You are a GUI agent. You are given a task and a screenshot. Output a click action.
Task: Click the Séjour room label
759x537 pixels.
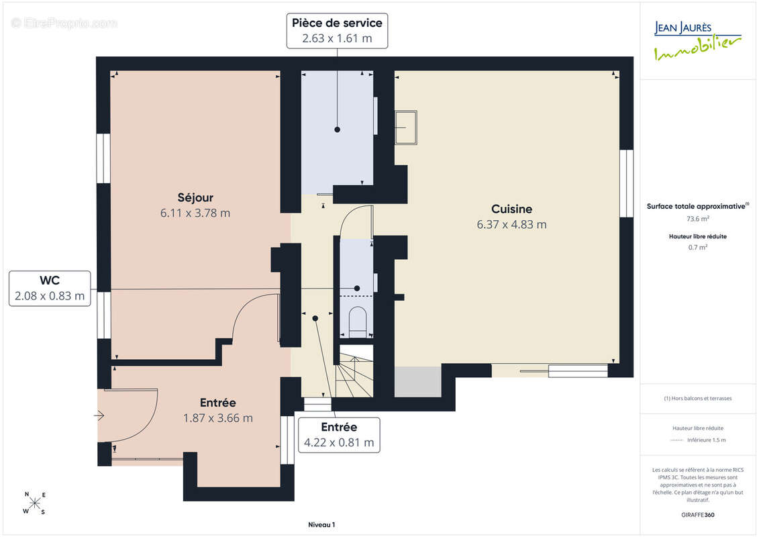click(x=195, y=197)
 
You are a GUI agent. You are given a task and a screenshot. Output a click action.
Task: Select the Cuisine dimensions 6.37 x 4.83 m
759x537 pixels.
click(x=511, y=225)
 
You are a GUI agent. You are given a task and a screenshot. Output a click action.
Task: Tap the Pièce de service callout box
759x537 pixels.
click(x=337, y=30)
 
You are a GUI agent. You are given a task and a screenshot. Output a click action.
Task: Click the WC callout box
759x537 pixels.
click(x=50, y=289)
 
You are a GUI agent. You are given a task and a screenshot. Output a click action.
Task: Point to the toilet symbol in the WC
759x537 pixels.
click(x=358, y=321)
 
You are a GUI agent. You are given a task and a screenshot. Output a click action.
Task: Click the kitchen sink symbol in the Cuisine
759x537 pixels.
click(x=405, y=128)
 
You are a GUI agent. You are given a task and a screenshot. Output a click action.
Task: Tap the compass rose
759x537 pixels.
click(x=34, y=503)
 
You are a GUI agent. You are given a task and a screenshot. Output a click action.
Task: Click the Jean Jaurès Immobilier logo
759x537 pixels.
click(x=697, y=40)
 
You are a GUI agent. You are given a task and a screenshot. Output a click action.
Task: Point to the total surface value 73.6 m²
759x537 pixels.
click(x=697, y=219)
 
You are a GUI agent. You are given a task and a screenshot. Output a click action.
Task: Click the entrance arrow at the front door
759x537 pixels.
click(x=99, y=416)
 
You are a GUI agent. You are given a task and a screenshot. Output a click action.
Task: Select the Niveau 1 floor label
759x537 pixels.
click(x=321, y=525)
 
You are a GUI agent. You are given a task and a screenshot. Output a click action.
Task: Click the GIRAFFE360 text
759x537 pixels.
click(x=697, y=515)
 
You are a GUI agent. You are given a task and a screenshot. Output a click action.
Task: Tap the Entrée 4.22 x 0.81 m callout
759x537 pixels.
click(x=339, y=435)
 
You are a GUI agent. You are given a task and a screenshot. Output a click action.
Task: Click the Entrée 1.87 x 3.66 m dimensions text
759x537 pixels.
click(x=218, y=418)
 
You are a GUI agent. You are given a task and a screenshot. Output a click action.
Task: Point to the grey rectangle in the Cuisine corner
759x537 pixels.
click(x=418, y=382)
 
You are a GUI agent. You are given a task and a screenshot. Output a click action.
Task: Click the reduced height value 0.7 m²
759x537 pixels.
click(x=697, y=248)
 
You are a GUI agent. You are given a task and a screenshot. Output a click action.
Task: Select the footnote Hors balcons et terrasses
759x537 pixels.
click(x=697, y=399)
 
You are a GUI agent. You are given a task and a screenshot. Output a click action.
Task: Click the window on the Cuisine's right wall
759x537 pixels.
click(x=627, y=183)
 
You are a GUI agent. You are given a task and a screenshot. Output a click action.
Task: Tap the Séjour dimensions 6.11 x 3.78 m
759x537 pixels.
click(x=195, y=213)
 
